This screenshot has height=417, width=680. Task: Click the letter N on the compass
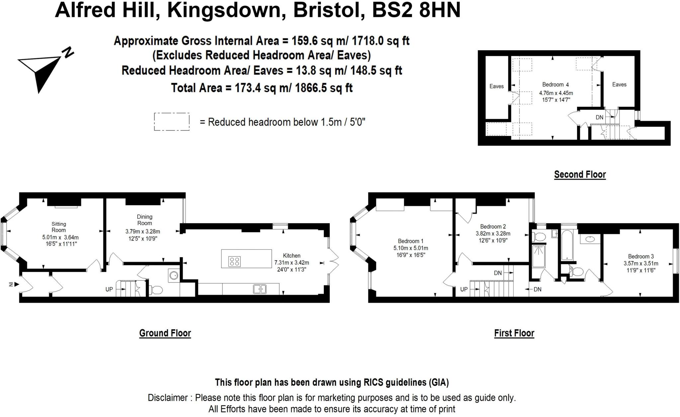69,52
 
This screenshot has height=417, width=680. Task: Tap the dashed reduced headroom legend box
172,122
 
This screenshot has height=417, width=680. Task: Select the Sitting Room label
59,227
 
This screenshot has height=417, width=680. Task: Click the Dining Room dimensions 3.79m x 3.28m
143,231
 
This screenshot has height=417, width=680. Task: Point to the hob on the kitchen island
234,261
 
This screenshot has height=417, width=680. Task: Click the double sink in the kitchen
260,289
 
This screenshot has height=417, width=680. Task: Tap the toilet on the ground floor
155,290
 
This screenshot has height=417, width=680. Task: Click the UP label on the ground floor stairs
109,289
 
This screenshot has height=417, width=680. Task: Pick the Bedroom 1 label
411,241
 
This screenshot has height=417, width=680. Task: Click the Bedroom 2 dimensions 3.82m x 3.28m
493,234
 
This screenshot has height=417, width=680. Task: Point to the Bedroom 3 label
641,256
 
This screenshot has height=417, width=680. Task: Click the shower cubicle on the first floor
539,256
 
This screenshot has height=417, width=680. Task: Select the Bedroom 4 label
555,84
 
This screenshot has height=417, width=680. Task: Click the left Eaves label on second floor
496,86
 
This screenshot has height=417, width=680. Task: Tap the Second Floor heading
580,174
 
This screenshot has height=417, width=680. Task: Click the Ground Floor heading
165,333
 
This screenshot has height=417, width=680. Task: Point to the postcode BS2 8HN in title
416,10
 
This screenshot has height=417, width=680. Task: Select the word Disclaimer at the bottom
168,398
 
